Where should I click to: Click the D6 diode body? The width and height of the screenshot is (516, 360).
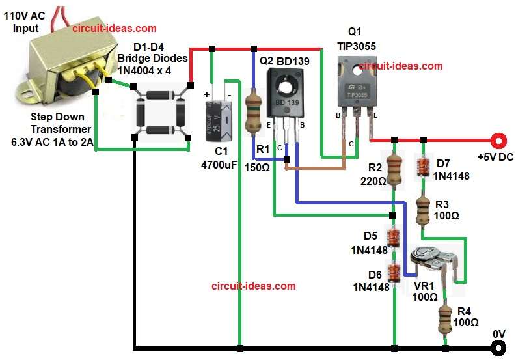[x=393, y=271]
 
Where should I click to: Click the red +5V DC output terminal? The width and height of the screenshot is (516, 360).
[x=498, y=140]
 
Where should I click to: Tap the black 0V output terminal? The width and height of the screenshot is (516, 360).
[x=498, y=348]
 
